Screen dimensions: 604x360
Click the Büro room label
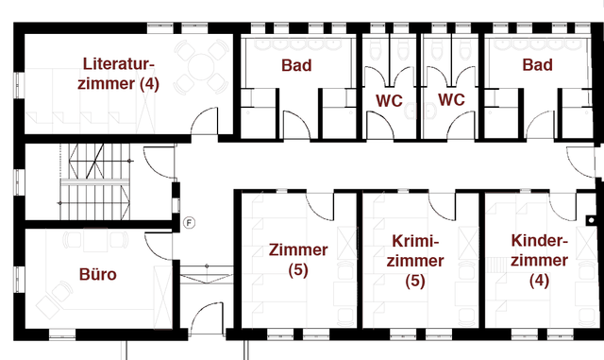pos(98,274)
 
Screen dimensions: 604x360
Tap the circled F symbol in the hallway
pos(189,223)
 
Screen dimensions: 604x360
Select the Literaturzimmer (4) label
pos(118,74)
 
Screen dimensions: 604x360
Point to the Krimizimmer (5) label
pos(415,261)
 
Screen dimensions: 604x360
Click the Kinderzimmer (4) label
pos(539,261)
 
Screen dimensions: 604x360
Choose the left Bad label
pos(296,65)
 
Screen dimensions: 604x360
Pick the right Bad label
pos(537,64)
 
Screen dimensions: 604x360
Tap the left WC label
pos(389,101)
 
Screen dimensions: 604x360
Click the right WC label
pos(451,99)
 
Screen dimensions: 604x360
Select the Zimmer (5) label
pos(298,260)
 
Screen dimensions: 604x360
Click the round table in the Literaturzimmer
pos(201,67)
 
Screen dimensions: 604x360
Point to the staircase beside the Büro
pos(95,181)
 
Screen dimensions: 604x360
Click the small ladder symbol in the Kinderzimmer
pos(495,266)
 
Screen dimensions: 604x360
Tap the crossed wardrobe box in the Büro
pos(162,297)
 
